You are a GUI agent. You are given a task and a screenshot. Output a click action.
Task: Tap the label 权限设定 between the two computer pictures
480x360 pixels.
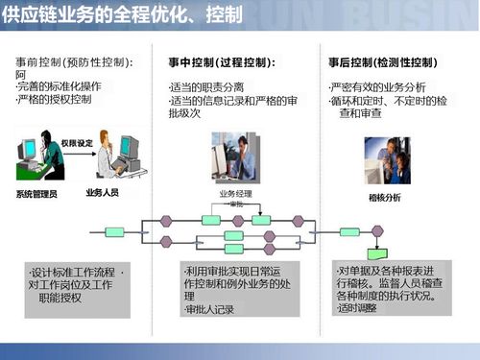pyautogui.click(x=75, y=143)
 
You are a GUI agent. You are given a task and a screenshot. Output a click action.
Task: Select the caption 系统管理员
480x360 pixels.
pyautogui.click(x=36, y=193)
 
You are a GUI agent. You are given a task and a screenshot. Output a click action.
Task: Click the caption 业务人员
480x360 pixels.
pyautogui.click(x=102, y=192)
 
